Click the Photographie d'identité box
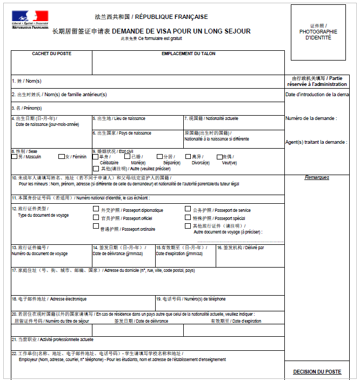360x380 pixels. coord(318,32)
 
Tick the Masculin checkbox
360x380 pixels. coord(14,157)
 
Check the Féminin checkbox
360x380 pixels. coord(62,157)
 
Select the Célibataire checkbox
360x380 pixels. coord(96,157)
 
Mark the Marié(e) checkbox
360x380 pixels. coord(127,157)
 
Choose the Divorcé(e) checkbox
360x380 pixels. coord(188,157)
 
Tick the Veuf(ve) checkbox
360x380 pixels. coord(219,157)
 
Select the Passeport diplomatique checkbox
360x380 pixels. coord(96,209)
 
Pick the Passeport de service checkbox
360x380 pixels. coord(188,209)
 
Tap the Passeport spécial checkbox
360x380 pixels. coord(188,217)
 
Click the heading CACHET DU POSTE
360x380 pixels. coord(51,54)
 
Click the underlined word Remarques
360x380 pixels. coord(317,178)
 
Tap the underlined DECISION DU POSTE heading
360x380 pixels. coord(317,372)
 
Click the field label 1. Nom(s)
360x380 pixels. coord(26,81)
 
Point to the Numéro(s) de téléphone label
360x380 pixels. coord(191,299)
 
